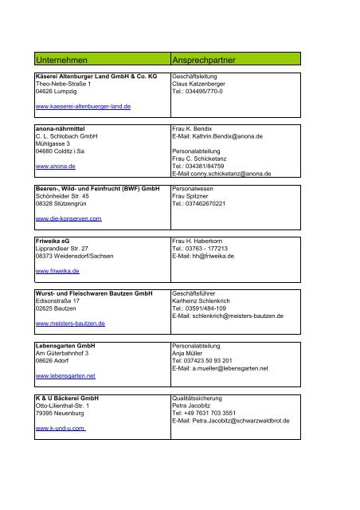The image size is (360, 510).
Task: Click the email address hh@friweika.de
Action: (217, 256)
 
